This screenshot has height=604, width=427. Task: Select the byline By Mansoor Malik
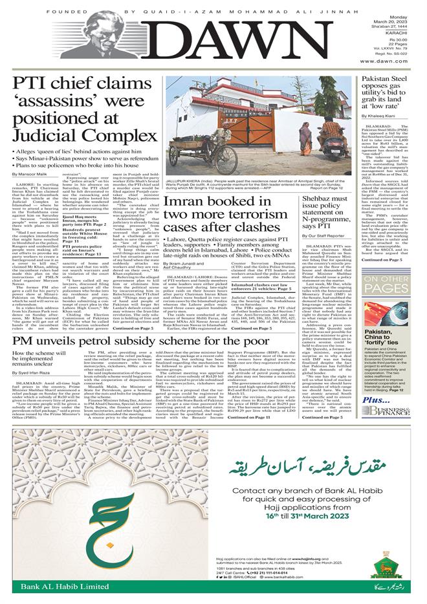36,192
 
